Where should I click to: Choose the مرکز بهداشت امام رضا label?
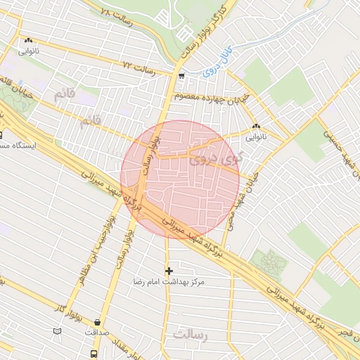click(x=169, y=281)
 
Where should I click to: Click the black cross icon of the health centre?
click(x=168, y=270)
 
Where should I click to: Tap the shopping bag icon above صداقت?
click(x=94, y=321)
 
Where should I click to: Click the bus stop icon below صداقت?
click(x=94, y=354)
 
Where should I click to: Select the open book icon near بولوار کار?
click(x=57, y=330)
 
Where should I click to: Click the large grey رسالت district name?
click(x=192, y=335)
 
